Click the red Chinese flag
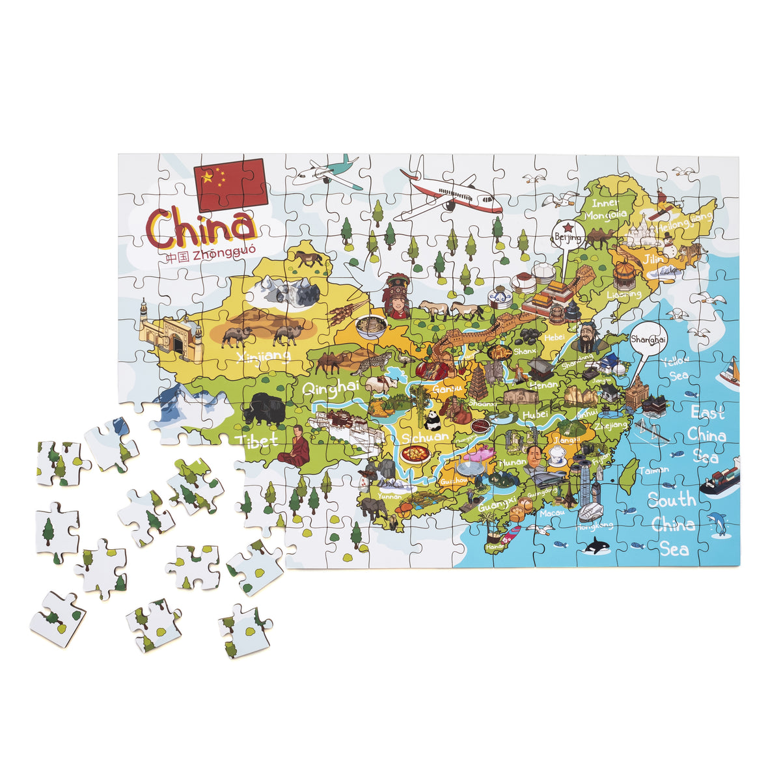[x=230, y=184]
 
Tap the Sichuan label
[x=424, y=437]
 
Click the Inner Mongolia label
[x=605, y=207]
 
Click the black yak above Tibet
[x=263, y=409]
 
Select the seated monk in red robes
[x=295, y=446]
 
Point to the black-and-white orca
[x=595, y=548]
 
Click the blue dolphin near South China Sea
[x=718, y=524]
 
